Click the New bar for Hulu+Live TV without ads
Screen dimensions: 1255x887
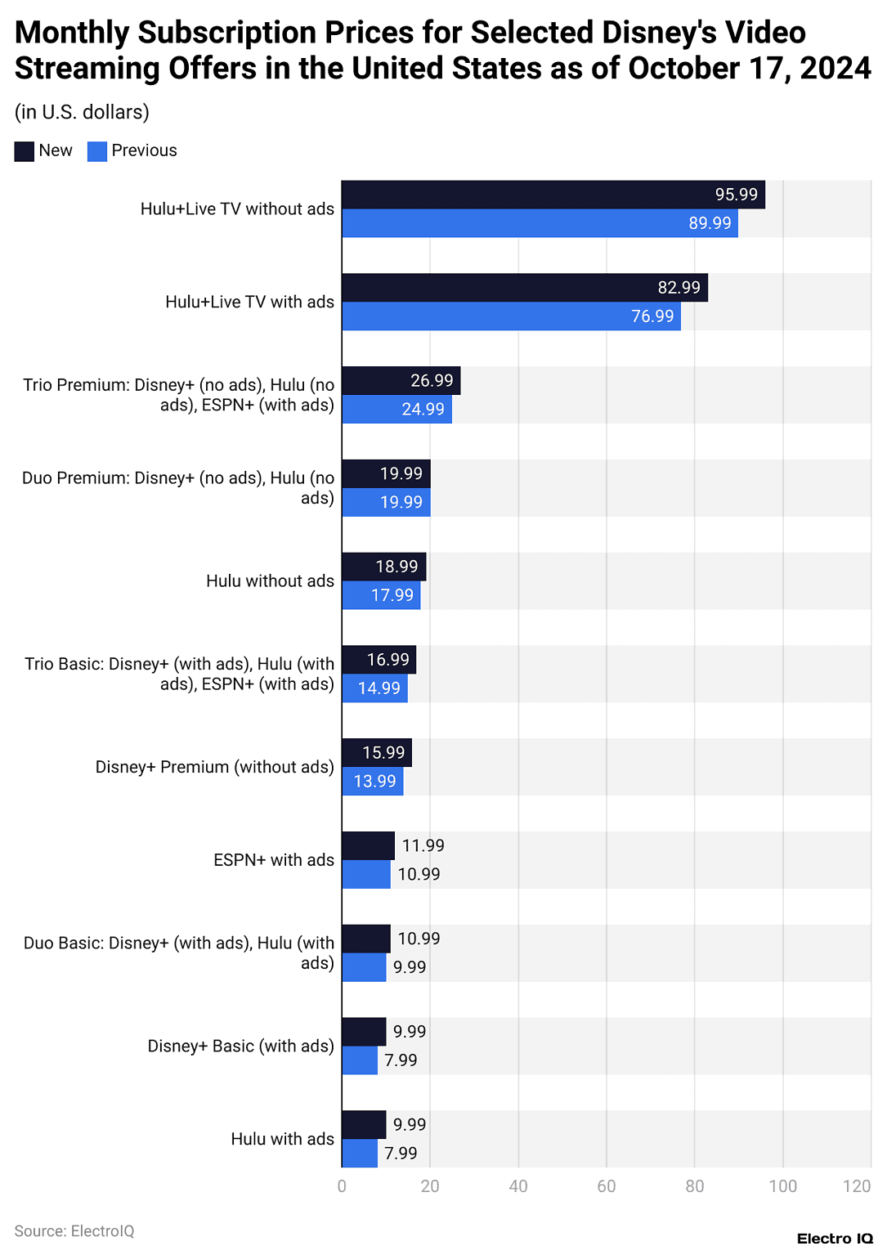[553, 195]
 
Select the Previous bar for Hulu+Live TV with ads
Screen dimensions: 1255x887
[511, 316]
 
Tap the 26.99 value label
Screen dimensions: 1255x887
[432, 381]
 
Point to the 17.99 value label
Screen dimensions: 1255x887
[392, 595]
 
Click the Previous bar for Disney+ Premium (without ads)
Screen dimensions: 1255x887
[372, 782]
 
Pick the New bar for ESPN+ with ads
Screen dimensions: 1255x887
[368, 845]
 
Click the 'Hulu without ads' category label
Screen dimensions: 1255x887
[270, 581]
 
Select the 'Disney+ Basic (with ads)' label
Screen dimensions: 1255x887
[240, 1047]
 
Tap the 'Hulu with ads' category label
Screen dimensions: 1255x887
[282, 1139]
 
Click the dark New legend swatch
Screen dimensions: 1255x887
[25, 151]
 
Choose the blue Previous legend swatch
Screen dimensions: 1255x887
[97, 151]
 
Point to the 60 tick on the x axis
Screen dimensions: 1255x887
[607, 1186]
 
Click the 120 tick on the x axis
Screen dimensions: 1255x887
[857, 1186]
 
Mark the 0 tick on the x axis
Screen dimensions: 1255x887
[342, 1186]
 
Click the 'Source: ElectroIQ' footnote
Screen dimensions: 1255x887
[74, 1231]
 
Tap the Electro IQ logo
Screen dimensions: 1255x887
[835, 1239]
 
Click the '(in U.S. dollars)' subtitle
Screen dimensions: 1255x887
[82, 112]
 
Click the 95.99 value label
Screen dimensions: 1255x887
[737, 195]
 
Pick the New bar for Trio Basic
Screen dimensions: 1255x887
[379, 660]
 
